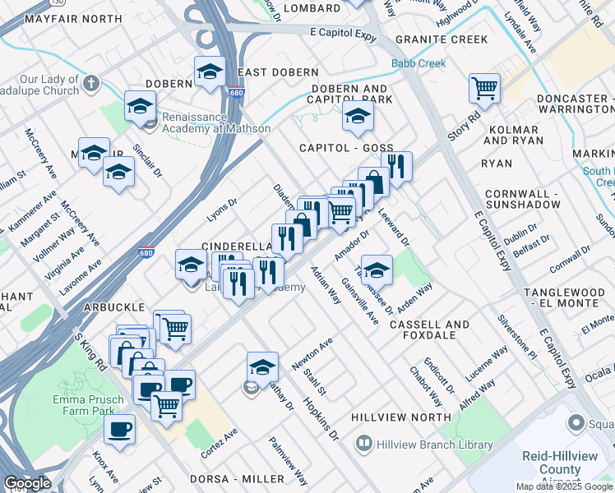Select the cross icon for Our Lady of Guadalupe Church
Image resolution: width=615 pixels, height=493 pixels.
(x=90, y=83)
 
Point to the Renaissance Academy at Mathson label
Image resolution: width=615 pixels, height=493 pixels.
(x=215, y=122)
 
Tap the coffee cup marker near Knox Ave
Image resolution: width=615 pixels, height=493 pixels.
(x=120, y=429)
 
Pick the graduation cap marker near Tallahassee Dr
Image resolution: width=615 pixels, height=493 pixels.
(x=377, y=269)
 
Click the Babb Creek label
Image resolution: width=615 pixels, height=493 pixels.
(x=418, y=63)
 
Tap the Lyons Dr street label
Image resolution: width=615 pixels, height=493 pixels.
(x=221, y=209)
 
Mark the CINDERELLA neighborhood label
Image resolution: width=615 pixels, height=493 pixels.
(x=236, y=246)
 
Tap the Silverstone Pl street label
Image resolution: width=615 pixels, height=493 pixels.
(x=516, y=336)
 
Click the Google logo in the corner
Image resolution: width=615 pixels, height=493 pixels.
(x=26, y=483)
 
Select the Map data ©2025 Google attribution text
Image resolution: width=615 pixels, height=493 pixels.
(x=564, y=486)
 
